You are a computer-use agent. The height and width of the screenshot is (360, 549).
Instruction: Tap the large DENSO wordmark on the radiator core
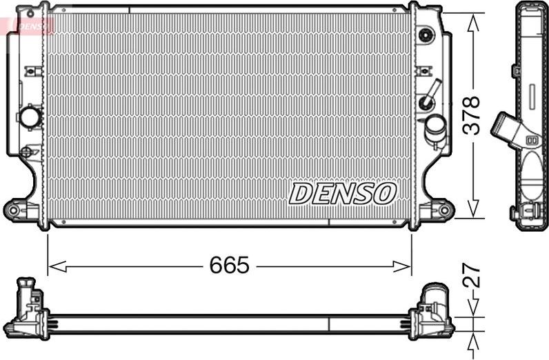tap(342, 194)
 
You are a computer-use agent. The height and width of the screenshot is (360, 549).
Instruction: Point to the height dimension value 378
tap(471, 114)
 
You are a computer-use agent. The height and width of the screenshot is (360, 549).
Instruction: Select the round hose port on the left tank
tap(31, 117)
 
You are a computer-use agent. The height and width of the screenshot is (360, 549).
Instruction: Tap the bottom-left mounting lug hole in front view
tap(14, 208)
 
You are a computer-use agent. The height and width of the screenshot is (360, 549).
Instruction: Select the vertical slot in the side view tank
tap(533, 97)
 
